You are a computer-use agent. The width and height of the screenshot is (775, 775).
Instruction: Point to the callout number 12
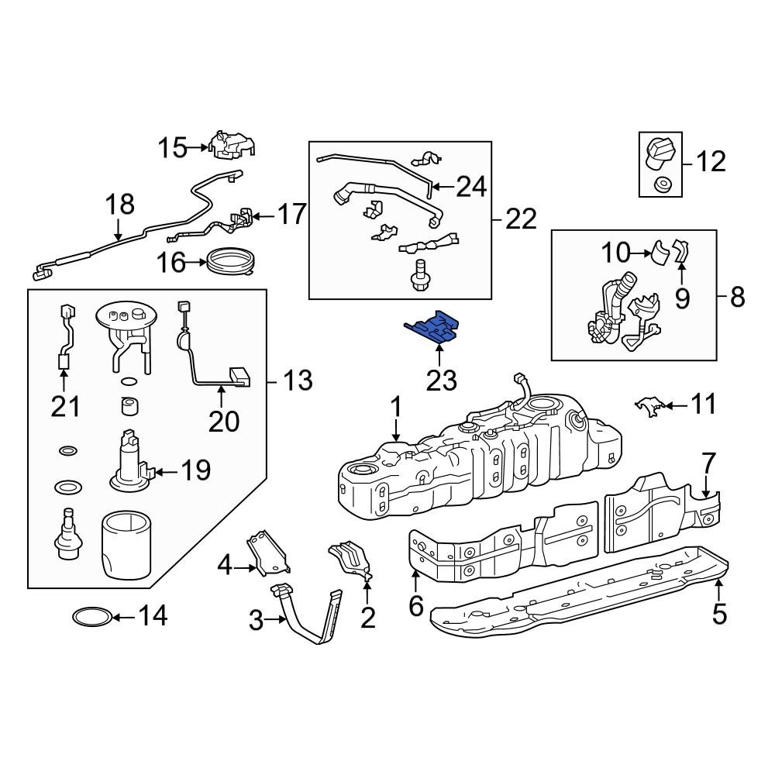coord(710,161)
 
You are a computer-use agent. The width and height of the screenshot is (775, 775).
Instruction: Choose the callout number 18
coord(120,205)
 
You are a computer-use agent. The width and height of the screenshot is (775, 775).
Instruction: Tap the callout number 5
coord(719,614)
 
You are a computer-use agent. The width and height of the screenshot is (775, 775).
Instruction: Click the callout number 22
coord(521,219)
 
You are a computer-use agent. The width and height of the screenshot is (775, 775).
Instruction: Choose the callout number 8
coord(737,296)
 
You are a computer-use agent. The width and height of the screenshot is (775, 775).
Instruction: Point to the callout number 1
coord(396,407)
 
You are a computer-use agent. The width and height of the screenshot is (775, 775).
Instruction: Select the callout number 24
coord(470,186)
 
